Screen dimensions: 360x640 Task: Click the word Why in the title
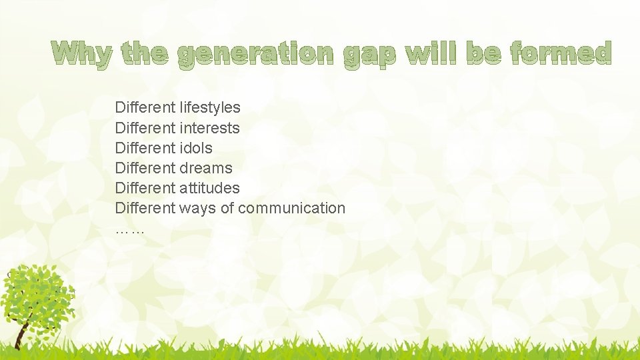[x=82, y=54]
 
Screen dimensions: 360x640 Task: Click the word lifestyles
[x=209, y=107]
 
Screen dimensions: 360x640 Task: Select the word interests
[x=209, y=127]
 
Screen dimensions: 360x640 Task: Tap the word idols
[x=196, y=147]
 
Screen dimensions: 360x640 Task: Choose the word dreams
[x=205, y=168]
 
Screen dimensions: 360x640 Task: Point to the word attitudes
[x=209, y=188]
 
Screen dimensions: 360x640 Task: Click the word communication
[x=291, y=208]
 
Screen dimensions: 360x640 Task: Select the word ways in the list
[x=197, y=208]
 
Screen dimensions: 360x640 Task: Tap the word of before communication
[x=227, y=208]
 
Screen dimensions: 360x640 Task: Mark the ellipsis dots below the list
[x=129, y=230]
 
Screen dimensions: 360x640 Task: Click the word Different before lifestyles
[x=145, y=107]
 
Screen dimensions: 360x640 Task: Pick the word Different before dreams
[x=145, y=168]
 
